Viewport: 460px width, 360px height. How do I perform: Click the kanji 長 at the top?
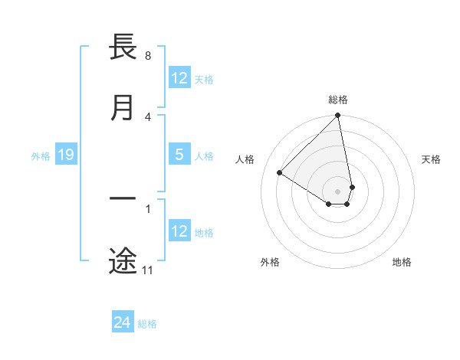(123, 47)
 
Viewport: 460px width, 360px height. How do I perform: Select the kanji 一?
(123, 198)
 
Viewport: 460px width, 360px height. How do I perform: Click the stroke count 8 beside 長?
(147, 56)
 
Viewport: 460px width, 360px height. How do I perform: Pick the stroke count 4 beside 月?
(147, 116)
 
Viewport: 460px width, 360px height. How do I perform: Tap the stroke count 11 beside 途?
(147, 270)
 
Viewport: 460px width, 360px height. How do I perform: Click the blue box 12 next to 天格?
(179, 78)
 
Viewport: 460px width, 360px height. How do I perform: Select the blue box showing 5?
(179, 155)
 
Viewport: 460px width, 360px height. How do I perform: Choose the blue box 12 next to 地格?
(179, 231)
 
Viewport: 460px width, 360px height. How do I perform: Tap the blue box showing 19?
(66, 155)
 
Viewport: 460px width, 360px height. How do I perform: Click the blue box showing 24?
(123, 322)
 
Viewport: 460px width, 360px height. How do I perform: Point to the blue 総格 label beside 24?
(147, 324)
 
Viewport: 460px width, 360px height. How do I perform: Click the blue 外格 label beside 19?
(41, 156)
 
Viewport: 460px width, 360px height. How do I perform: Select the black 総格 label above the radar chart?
(338, 100)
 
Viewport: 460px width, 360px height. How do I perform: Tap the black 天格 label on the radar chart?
(431, 159)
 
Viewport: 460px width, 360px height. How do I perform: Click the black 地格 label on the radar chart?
(402, 262)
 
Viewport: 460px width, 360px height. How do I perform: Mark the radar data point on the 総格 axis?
(338, 116)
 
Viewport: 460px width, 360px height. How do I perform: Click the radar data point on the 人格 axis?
(280, 173)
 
